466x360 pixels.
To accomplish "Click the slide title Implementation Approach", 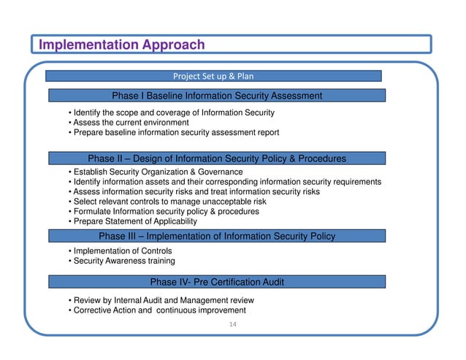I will (x=121, y=45).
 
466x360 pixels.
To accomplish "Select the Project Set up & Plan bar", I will (x=213, y=76).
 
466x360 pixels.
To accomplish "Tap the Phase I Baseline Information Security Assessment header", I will (x=217, y=96).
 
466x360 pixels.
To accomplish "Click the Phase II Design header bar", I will (x=217, y=158).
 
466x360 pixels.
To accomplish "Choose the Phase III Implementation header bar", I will (x=217, y=236).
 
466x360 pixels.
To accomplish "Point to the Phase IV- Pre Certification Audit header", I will (x=217, y=282).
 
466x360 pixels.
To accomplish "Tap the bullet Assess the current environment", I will (x=128, y=123).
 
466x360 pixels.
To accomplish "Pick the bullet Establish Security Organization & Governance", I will (x=155, y=172).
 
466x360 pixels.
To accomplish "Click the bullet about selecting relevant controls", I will (x=167, y=202).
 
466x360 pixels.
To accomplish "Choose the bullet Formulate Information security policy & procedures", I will (x=163, y=212).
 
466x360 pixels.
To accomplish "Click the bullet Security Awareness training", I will (x=121, y=261).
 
